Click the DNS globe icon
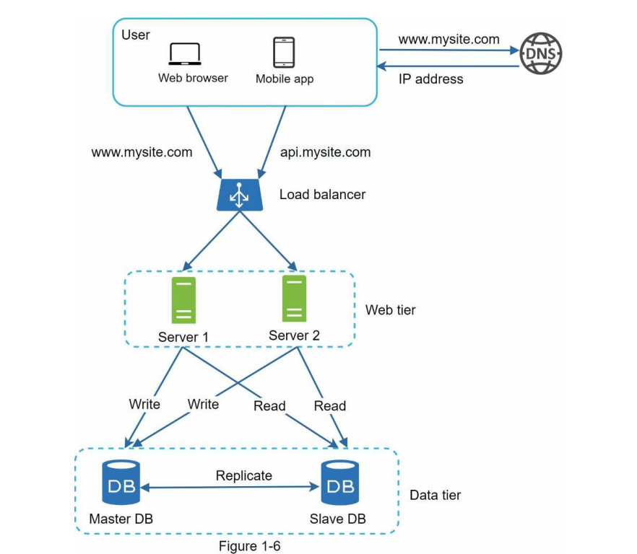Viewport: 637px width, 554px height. (541, 53)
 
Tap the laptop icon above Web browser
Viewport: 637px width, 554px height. (184, 54)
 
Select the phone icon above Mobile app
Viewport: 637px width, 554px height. (284, 53)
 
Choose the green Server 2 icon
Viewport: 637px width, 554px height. (293, 299)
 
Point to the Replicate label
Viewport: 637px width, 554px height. (244, 475)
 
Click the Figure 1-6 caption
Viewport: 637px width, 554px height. (249, 545)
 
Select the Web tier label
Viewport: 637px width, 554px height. (391, 310)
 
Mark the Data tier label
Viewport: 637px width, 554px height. (435, 495)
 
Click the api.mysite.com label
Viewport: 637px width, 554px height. (325, 152)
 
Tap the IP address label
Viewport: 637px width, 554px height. (431, 79)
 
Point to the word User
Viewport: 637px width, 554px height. (136, 35)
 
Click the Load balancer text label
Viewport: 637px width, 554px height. (322, 194)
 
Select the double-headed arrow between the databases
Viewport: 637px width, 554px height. (230, 488)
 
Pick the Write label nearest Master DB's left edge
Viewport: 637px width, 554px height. (144, 404)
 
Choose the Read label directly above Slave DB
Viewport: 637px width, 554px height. (330, 406)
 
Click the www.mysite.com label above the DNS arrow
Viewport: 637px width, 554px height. (448, 40)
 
